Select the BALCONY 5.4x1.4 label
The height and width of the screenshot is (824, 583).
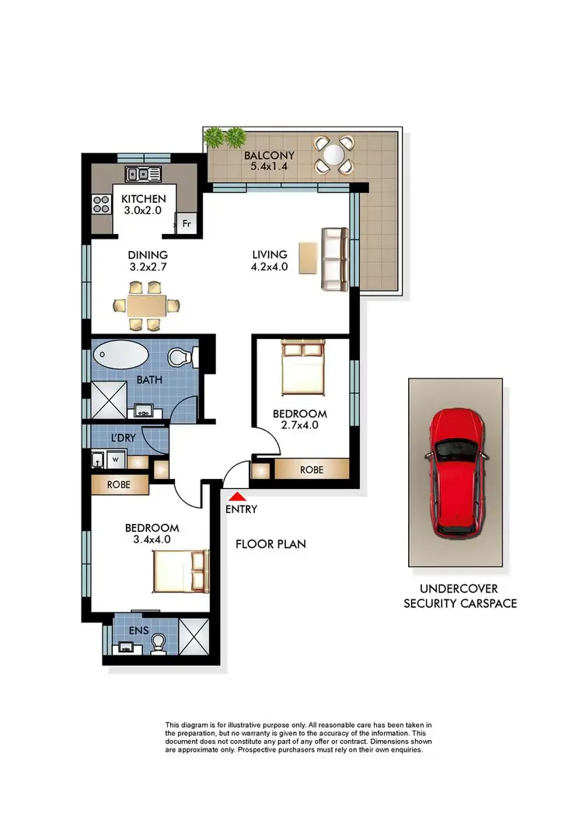264,159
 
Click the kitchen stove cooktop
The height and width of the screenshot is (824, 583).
102,204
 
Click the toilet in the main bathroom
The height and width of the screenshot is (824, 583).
181,358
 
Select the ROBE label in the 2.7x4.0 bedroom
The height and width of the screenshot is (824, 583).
311,470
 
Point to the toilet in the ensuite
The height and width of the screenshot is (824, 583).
158,643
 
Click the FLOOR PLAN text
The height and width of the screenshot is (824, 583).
271,544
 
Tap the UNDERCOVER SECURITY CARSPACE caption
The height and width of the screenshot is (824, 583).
460,595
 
